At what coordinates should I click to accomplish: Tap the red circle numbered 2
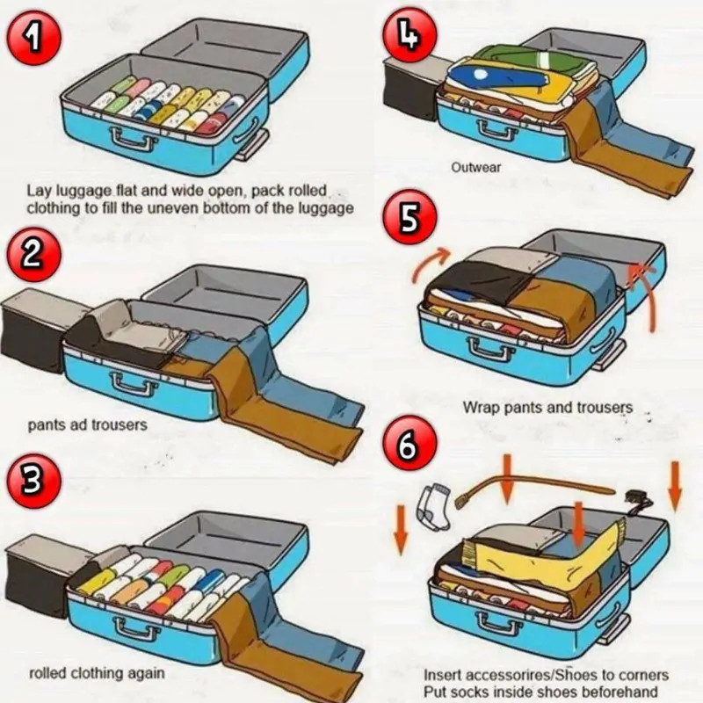coord(29,253)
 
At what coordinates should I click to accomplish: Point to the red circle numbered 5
coord(409,218)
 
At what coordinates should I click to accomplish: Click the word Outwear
coord(476,167)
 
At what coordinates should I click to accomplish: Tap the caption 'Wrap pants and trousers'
coord(547,408)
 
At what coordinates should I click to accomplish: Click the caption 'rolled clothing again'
coord(97,674)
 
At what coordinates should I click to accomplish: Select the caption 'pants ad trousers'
coord(87,425)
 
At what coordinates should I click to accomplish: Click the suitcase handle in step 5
coord(491,348)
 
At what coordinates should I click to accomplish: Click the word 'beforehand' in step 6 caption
coord(621,691)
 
